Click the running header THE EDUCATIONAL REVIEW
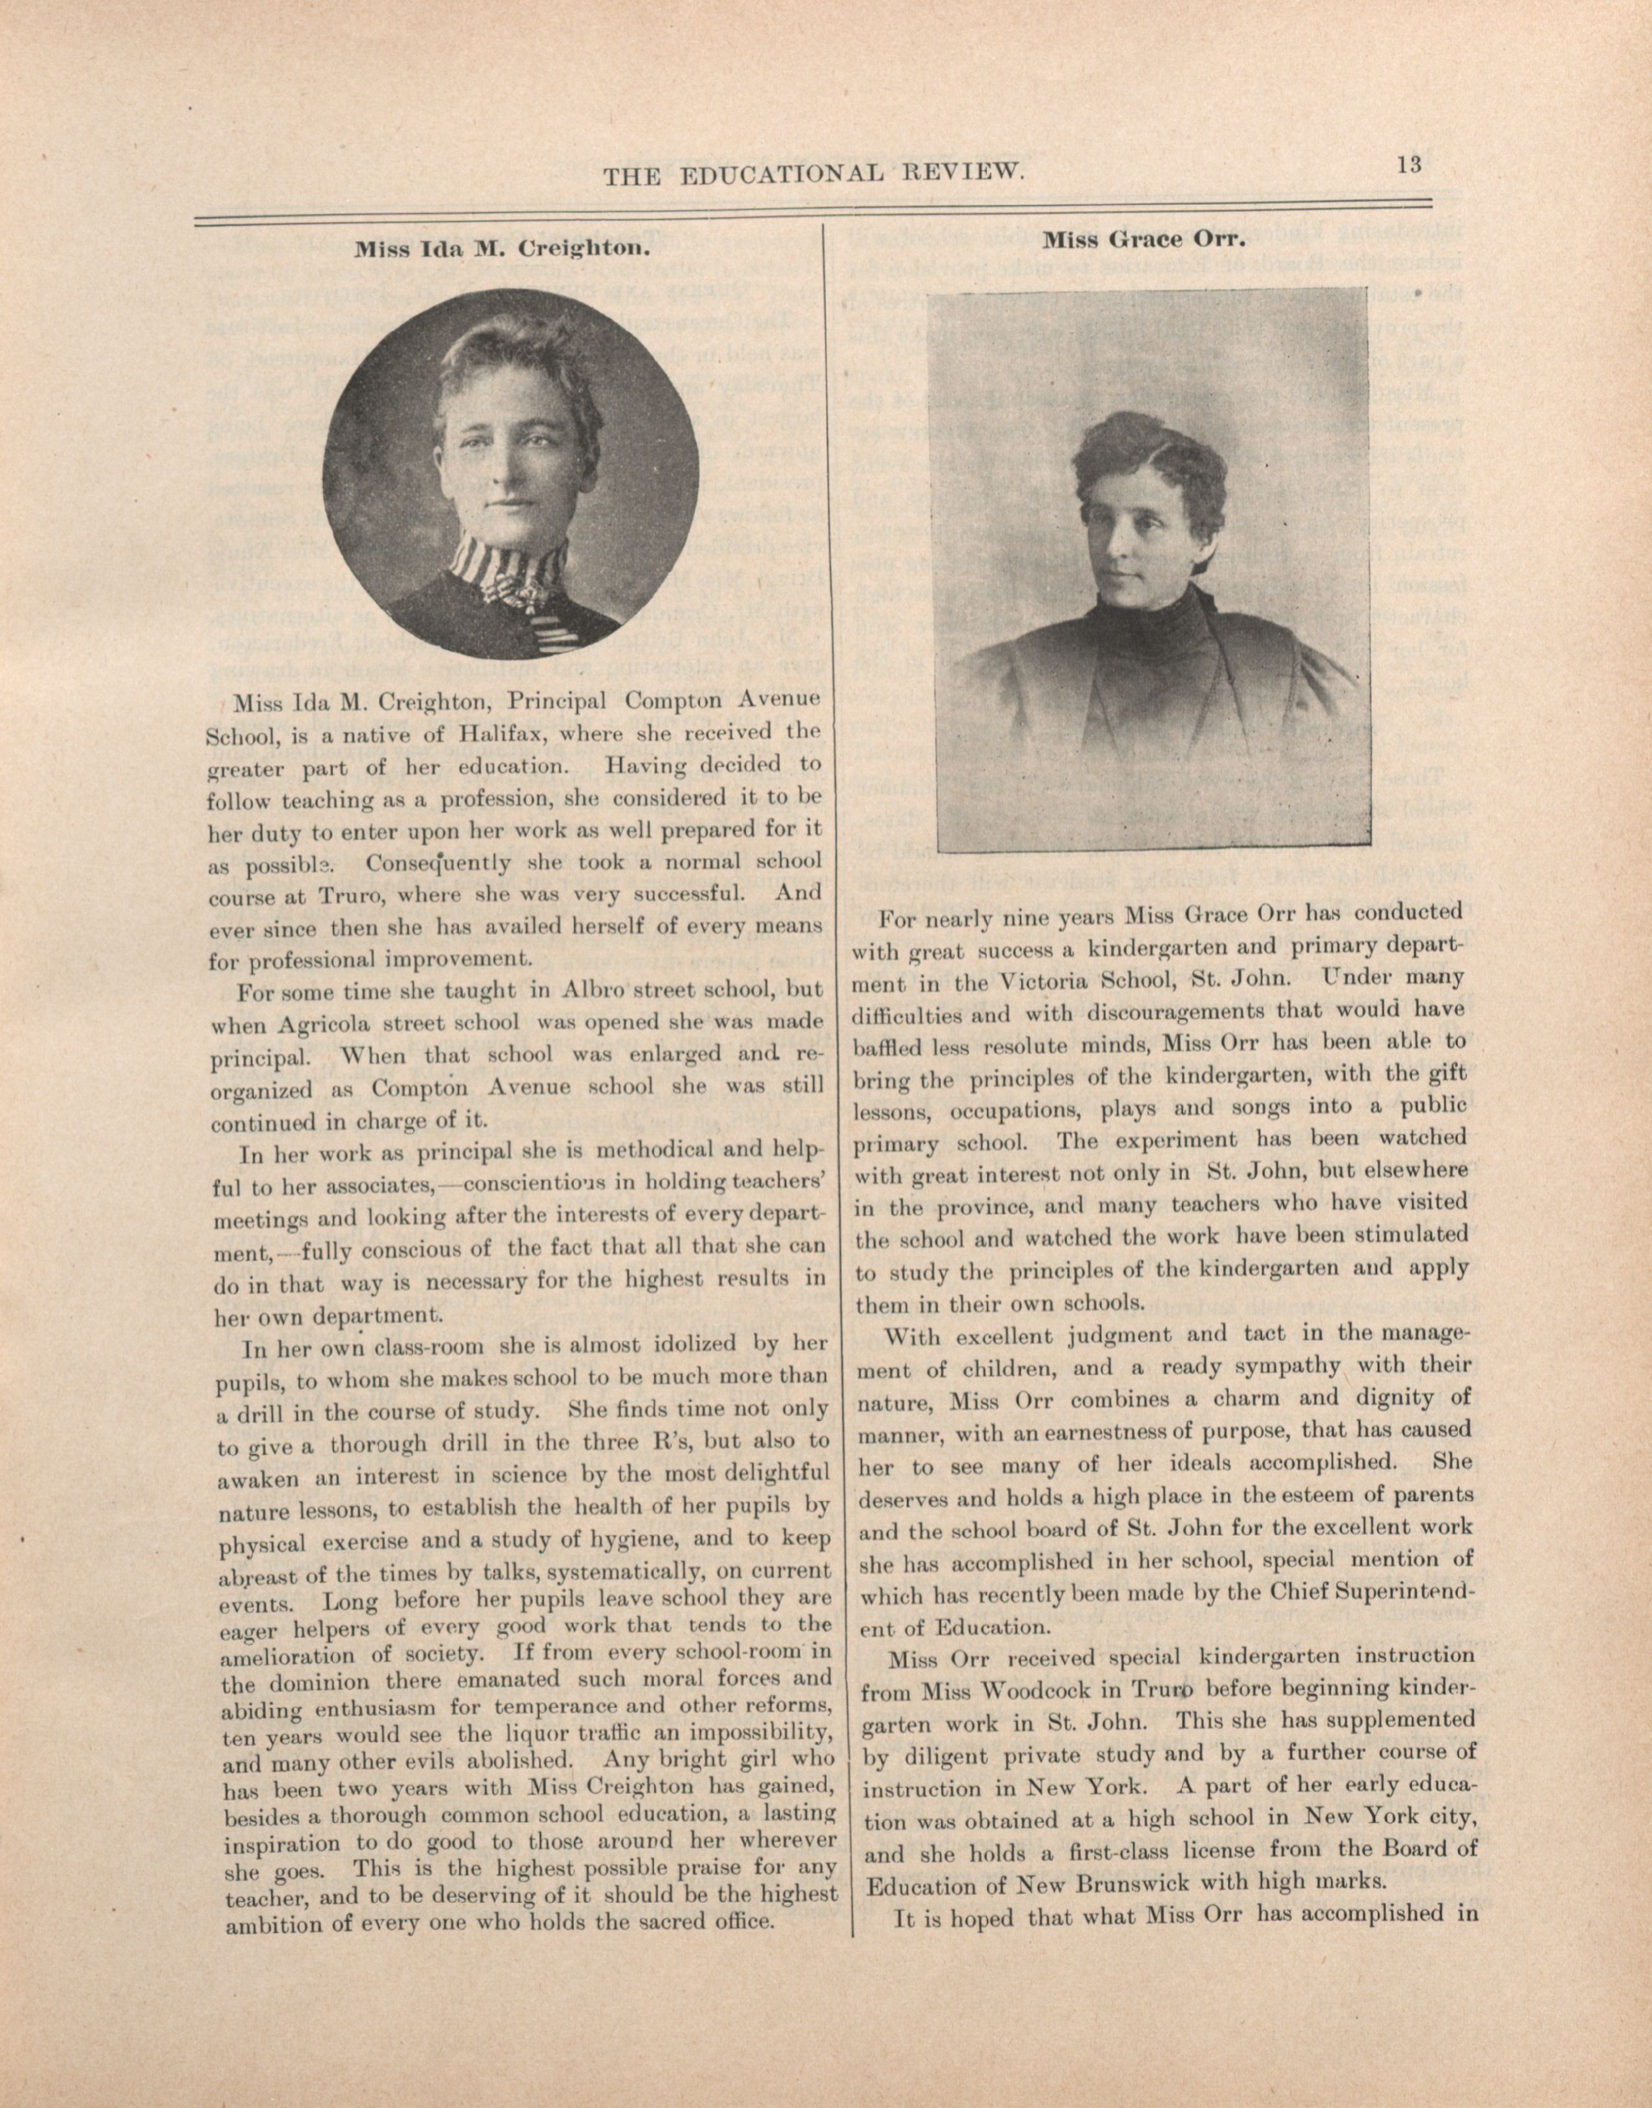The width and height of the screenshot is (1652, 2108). pos(813,174)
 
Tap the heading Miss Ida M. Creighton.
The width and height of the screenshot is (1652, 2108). pos(499,249)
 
